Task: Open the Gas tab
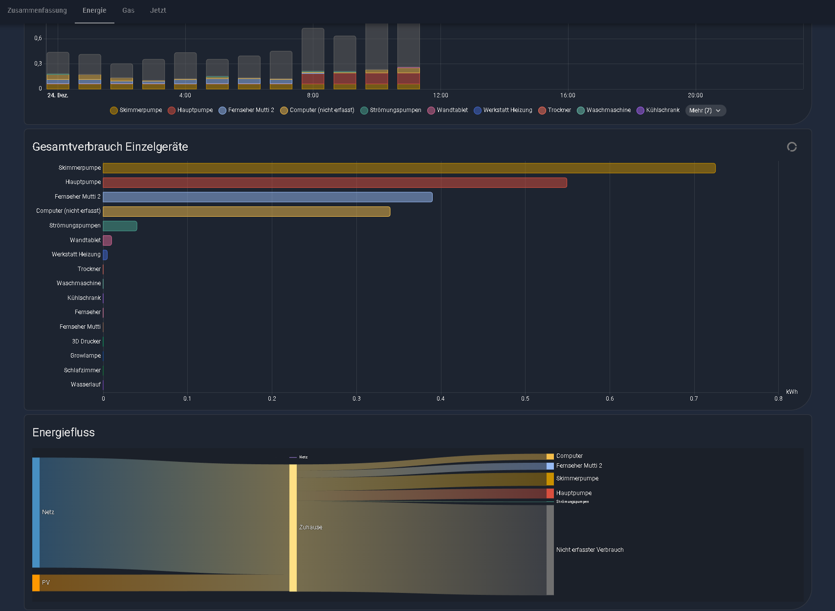(x=128, y=10)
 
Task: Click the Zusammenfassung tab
(x=37, y=10)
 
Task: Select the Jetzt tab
(x=158, y=10)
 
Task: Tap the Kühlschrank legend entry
(x=658, y=110)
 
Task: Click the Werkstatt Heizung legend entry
(x=503, y=110)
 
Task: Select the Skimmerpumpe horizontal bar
(x=409, y=168)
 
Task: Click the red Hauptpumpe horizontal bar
(x=335, y=182)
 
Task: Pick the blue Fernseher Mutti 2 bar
(x=267, y=197)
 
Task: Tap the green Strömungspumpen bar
(x=120, y=226)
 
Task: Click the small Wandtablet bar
(x=108, y=240)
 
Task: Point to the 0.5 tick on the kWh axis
(x=525, y=399)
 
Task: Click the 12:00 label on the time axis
(x=440, y=95)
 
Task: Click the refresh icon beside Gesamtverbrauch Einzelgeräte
(x=792, y=147)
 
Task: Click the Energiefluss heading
(x=64, y=432)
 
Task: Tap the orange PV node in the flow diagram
(x=36, y=583)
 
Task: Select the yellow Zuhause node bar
(x=293, y=528)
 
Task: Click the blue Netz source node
(x=36, y=513)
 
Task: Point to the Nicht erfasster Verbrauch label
(x=590, y=550)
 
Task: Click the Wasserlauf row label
(x=86, y=385)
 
